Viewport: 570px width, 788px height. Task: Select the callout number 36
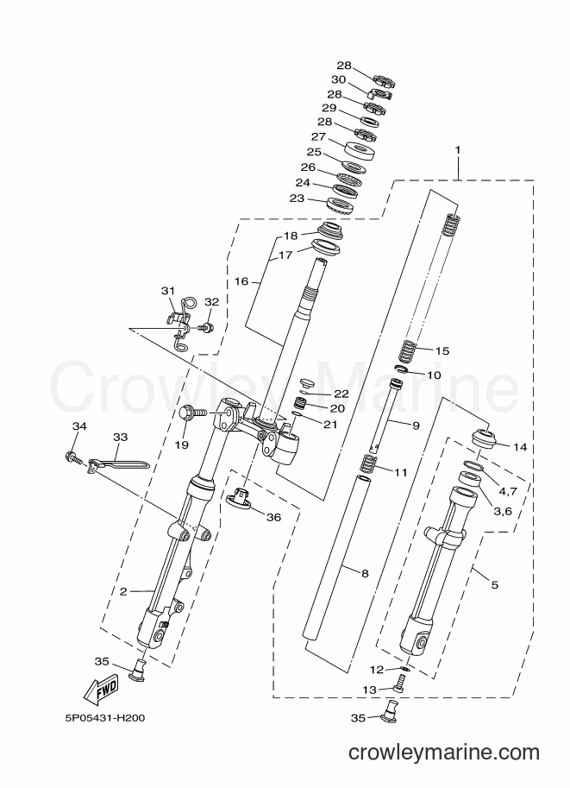pyautogui.click(x=273, y=517)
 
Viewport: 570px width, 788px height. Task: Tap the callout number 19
pyautogui.click(x=182, y=444)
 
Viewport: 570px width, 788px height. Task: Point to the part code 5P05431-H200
pyautogui.click(x=104, y=717)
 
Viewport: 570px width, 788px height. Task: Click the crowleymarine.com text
pyautogui.click(x=444, y=753)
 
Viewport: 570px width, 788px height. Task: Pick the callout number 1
pyautogui.click(x=458, y=150)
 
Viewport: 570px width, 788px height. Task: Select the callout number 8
pyautogui.click(x=365, y=573)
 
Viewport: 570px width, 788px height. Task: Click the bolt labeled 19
pyautogui.click(x=192, y=413)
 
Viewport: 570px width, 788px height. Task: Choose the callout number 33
pyautogui.click(x=121, y=438)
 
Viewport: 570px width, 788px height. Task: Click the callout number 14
pyautogui.click(x=521, y=446)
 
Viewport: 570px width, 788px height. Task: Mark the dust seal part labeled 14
pyautogui.click(x=485, y=438)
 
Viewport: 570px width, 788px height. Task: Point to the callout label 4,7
pyautogui.click(x=506, y=490)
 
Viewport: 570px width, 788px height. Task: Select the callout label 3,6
pyautogui.click(x=502, y=511)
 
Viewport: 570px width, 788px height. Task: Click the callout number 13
pyautogui.click(x=369, y=690)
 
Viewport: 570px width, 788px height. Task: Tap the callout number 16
pyautogui.click(x=241, y=281)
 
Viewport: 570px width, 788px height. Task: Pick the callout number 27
pyautogui.click(x=318, y=136)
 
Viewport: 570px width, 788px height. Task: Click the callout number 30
pyautogui.click(x=339, y=79)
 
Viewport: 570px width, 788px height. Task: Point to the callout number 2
pyautogui.click(x=123, y=591)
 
